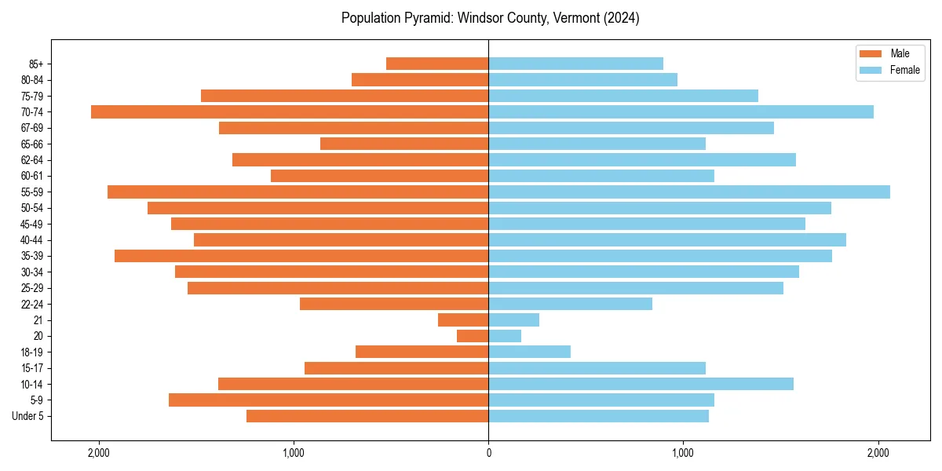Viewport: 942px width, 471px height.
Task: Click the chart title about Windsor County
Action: (x=490, y=18)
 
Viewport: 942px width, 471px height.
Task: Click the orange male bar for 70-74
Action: (x=290, y=111)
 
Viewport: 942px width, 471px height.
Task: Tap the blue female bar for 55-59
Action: (x=689, y=192)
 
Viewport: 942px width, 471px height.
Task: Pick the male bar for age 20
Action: (x=473, y=336)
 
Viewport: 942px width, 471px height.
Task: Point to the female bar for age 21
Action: (x=514, y=320)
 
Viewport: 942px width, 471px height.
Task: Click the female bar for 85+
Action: (x=576, y=64)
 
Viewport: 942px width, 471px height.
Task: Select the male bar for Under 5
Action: (x=367, y=416)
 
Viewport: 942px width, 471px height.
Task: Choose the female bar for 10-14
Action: (x=641, y=384)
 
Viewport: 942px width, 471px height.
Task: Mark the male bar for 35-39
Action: (x=301, y=256)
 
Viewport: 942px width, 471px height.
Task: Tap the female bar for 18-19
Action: (x=530, y=352)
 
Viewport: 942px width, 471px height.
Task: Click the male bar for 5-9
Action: (x=329, y=400)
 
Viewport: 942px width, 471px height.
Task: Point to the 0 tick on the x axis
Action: (x=488, y=453)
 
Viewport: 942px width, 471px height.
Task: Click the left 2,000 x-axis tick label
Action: (x=99, y=453)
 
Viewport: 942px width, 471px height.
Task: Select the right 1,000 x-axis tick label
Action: (x=683, y=453)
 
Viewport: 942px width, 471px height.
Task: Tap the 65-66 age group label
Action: (x=32, y=144)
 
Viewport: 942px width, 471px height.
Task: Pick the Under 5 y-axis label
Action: (x=28, y=416)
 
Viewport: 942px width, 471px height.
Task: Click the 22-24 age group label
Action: (x=32, y=304)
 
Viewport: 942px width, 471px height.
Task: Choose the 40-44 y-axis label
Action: (x=32, y=240)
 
